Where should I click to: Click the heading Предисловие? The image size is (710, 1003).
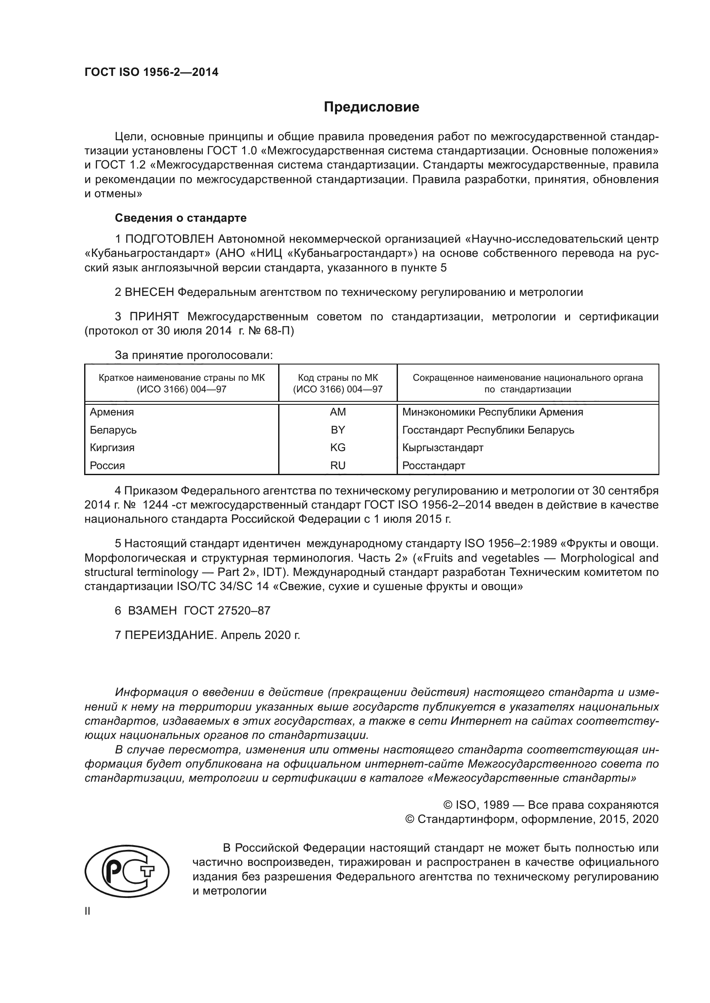pos(371,107)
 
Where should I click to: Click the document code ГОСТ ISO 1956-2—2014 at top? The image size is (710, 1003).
pos(151,72)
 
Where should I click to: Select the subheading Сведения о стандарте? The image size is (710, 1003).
pos(181,217)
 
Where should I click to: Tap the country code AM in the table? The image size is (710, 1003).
pos(337,412)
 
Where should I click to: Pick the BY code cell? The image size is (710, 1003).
pos(337,430)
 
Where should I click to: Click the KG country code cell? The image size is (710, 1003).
pos(337,447)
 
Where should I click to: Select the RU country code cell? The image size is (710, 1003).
pos(337,465)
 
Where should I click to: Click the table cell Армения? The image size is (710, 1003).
pos(112,412)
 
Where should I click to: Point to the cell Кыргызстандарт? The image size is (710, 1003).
pos(443,447)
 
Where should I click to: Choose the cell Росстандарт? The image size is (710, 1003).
pos(433,465)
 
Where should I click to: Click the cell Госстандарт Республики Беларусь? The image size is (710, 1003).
pos(488,430)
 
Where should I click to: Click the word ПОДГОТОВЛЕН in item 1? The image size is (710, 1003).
pos(170,239)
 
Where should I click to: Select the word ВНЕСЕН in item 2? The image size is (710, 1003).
pos(149,292)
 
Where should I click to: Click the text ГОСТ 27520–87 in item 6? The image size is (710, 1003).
pos(227,610)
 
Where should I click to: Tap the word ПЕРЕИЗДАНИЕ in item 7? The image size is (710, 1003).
pos(171,635)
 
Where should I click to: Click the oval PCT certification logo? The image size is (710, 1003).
pos(127,871)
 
